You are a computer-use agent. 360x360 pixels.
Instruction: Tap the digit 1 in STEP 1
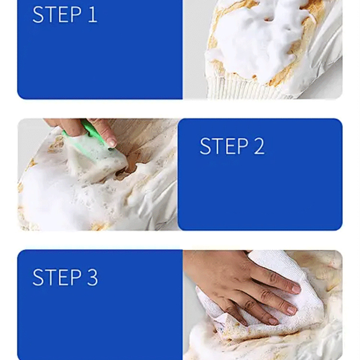pos(92,15)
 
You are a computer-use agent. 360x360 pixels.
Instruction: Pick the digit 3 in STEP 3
pos(92,277)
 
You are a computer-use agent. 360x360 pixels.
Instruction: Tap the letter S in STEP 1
pos(38,15)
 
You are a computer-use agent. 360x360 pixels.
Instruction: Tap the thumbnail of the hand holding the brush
pos(111,142)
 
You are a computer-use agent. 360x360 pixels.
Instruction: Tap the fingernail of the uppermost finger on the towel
pos(296,288)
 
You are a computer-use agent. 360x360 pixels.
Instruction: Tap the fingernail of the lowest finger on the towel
pos(273,321)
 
